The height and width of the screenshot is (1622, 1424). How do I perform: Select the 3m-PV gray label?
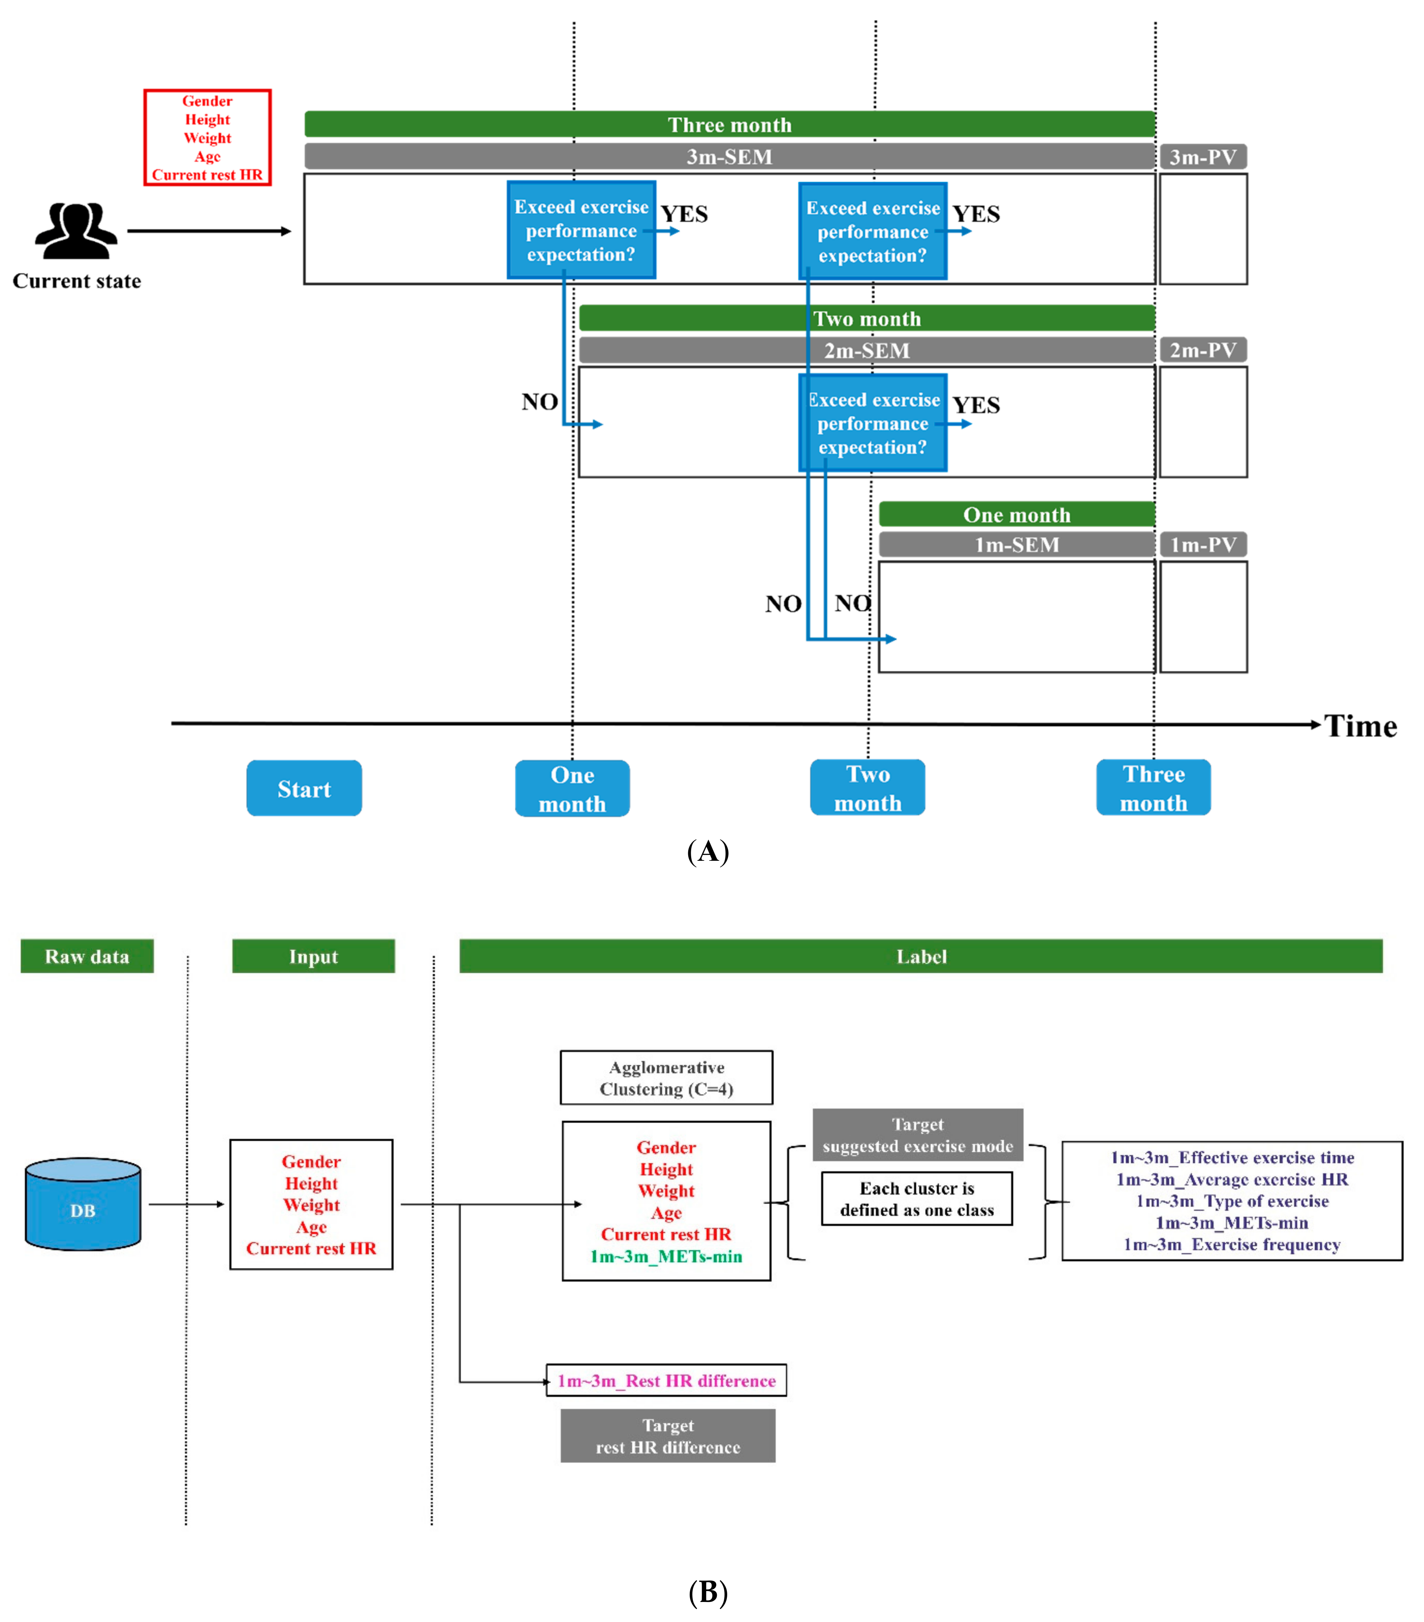1203,156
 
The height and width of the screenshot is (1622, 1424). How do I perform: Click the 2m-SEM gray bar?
866,350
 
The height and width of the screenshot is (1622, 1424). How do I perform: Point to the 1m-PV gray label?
1203,544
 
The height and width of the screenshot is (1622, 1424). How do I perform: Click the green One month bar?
1016,514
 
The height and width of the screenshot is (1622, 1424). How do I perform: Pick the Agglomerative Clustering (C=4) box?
666,1078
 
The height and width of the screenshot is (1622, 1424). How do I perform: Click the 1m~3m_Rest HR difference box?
666,1381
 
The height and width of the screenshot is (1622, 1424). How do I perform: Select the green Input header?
313,956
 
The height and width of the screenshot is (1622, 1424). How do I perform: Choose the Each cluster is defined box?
917,1199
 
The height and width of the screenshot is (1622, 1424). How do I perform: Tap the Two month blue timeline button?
867,788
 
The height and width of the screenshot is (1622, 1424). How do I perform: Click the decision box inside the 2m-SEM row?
873,423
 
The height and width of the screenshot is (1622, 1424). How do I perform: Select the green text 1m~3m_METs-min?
666,1256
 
